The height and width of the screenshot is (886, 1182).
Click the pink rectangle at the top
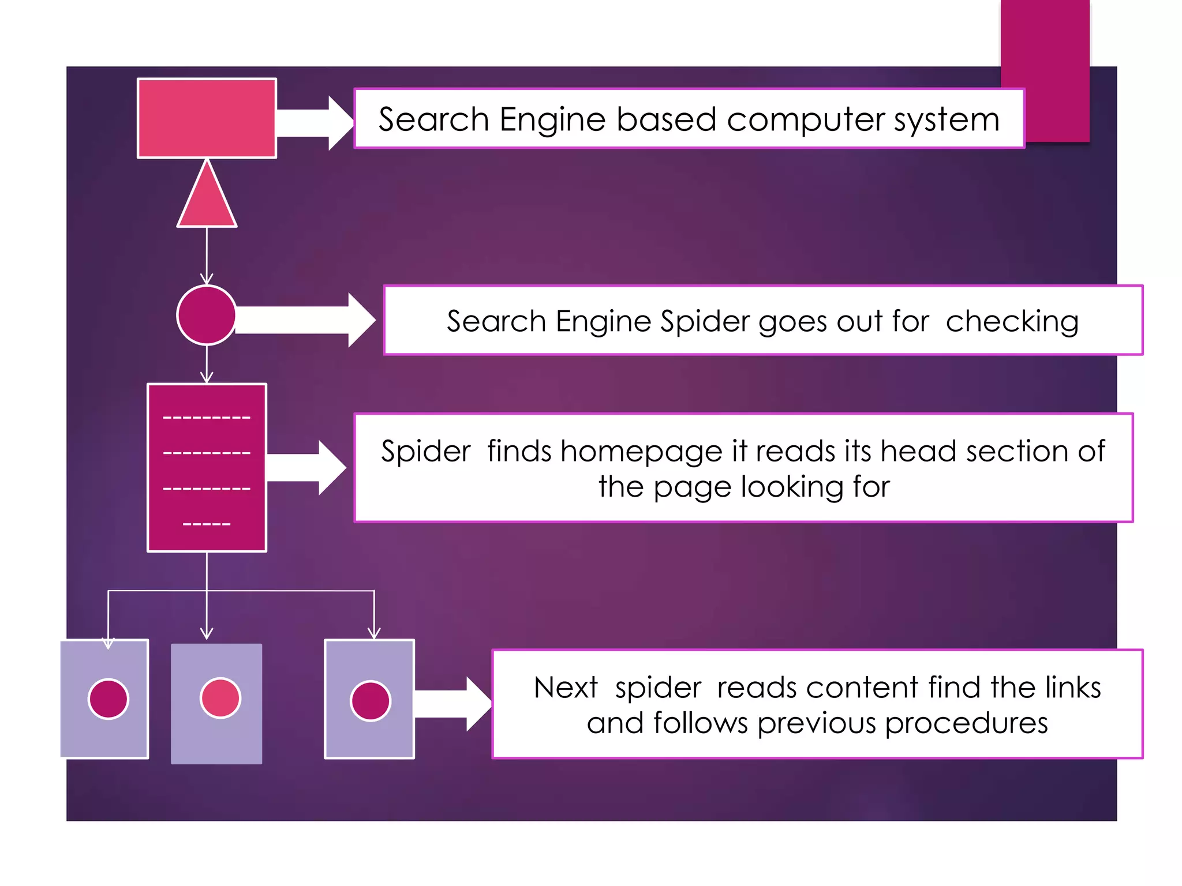[207, 118]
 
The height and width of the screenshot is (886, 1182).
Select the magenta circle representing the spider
[206, 315]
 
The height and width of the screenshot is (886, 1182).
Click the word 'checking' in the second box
[1012, 321]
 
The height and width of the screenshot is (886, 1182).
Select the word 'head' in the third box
[918, 451]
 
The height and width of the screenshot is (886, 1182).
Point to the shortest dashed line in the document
[206, 524]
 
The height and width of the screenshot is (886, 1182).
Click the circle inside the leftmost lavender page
[108, 699]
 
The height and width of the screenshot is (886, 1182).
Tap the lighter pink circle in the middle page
[220, 698]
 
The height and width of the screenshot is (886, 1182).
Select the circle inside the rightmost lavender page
[371, 701]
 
